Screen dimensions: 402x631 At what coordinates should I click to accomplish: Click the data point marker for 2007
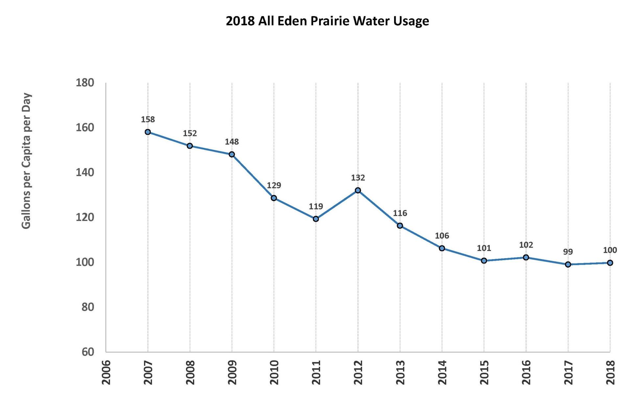click(148, 132)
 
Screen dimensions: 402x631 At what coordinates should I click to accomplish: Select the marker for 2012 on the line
click(358, 190)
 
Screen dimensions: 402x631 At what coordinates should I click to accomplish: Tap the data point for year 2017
click(568, 264)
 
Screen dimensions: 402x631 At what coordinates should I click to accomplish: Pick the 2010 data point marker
click(274, 198)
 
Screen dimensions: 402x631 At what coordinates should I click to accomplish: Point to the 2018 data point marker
click(610, 263)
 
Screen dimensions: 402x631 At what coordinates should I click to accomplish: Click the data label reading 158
click(148, 120)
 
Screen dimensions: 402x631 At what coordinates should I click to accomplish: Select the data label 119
click(316, 207)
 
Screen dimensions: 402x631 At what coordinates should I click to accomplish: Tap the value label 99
click(568, 252)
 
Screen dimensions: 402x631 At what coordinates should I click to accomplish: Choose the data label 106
click(442, 236)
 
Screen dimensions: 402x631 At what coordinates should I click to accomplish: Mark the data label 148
click(232, 142)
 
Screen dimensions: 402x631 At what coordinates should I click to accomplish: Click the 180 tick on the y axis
click(85, 83)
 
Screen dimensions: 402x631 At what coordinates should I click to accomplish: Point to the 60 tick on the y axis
click(87, 352)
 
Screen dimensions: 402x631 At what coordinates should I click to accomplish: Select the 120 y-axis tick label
click(85, 217)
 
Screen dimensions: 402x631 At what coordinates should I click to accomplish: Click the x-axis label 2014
click(442, 372)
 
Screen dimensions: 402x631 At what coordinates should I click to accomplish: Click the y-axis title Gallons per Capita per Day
click(26, 161)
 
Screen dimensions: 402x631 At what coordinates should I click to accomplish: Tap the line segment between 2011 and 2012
click(337, 205)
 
